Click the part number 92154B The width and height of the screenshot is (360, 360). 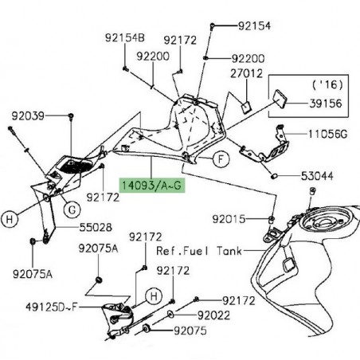[124, 38]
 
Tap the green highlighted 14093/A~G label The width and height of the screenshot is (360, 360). [151, 184]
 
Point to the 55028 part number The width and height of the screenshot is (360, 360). [95, 227]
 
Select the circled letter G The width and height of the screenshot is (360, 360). [71, 210]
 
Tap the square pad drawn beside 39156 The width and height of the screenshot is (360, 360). [280, 99]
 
